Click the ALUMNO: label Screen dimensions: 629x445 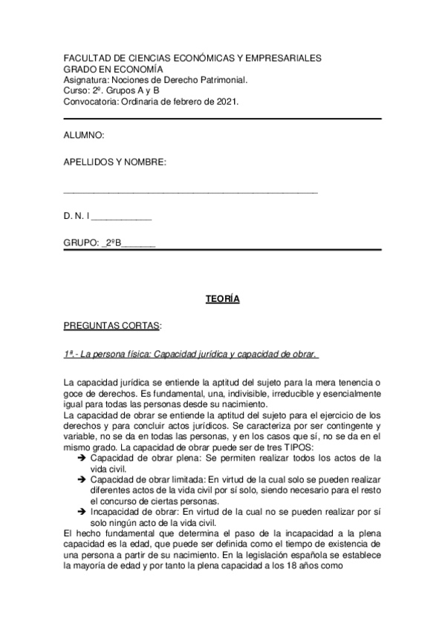[x=84, y=136]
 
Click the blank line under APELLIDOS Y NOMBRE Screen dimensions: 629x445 [x=191, y=192]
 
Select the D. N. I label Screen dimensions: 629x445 [x=77, y=217]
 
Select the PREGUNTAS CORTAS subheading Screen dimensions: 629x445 [x=112, y=326]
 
